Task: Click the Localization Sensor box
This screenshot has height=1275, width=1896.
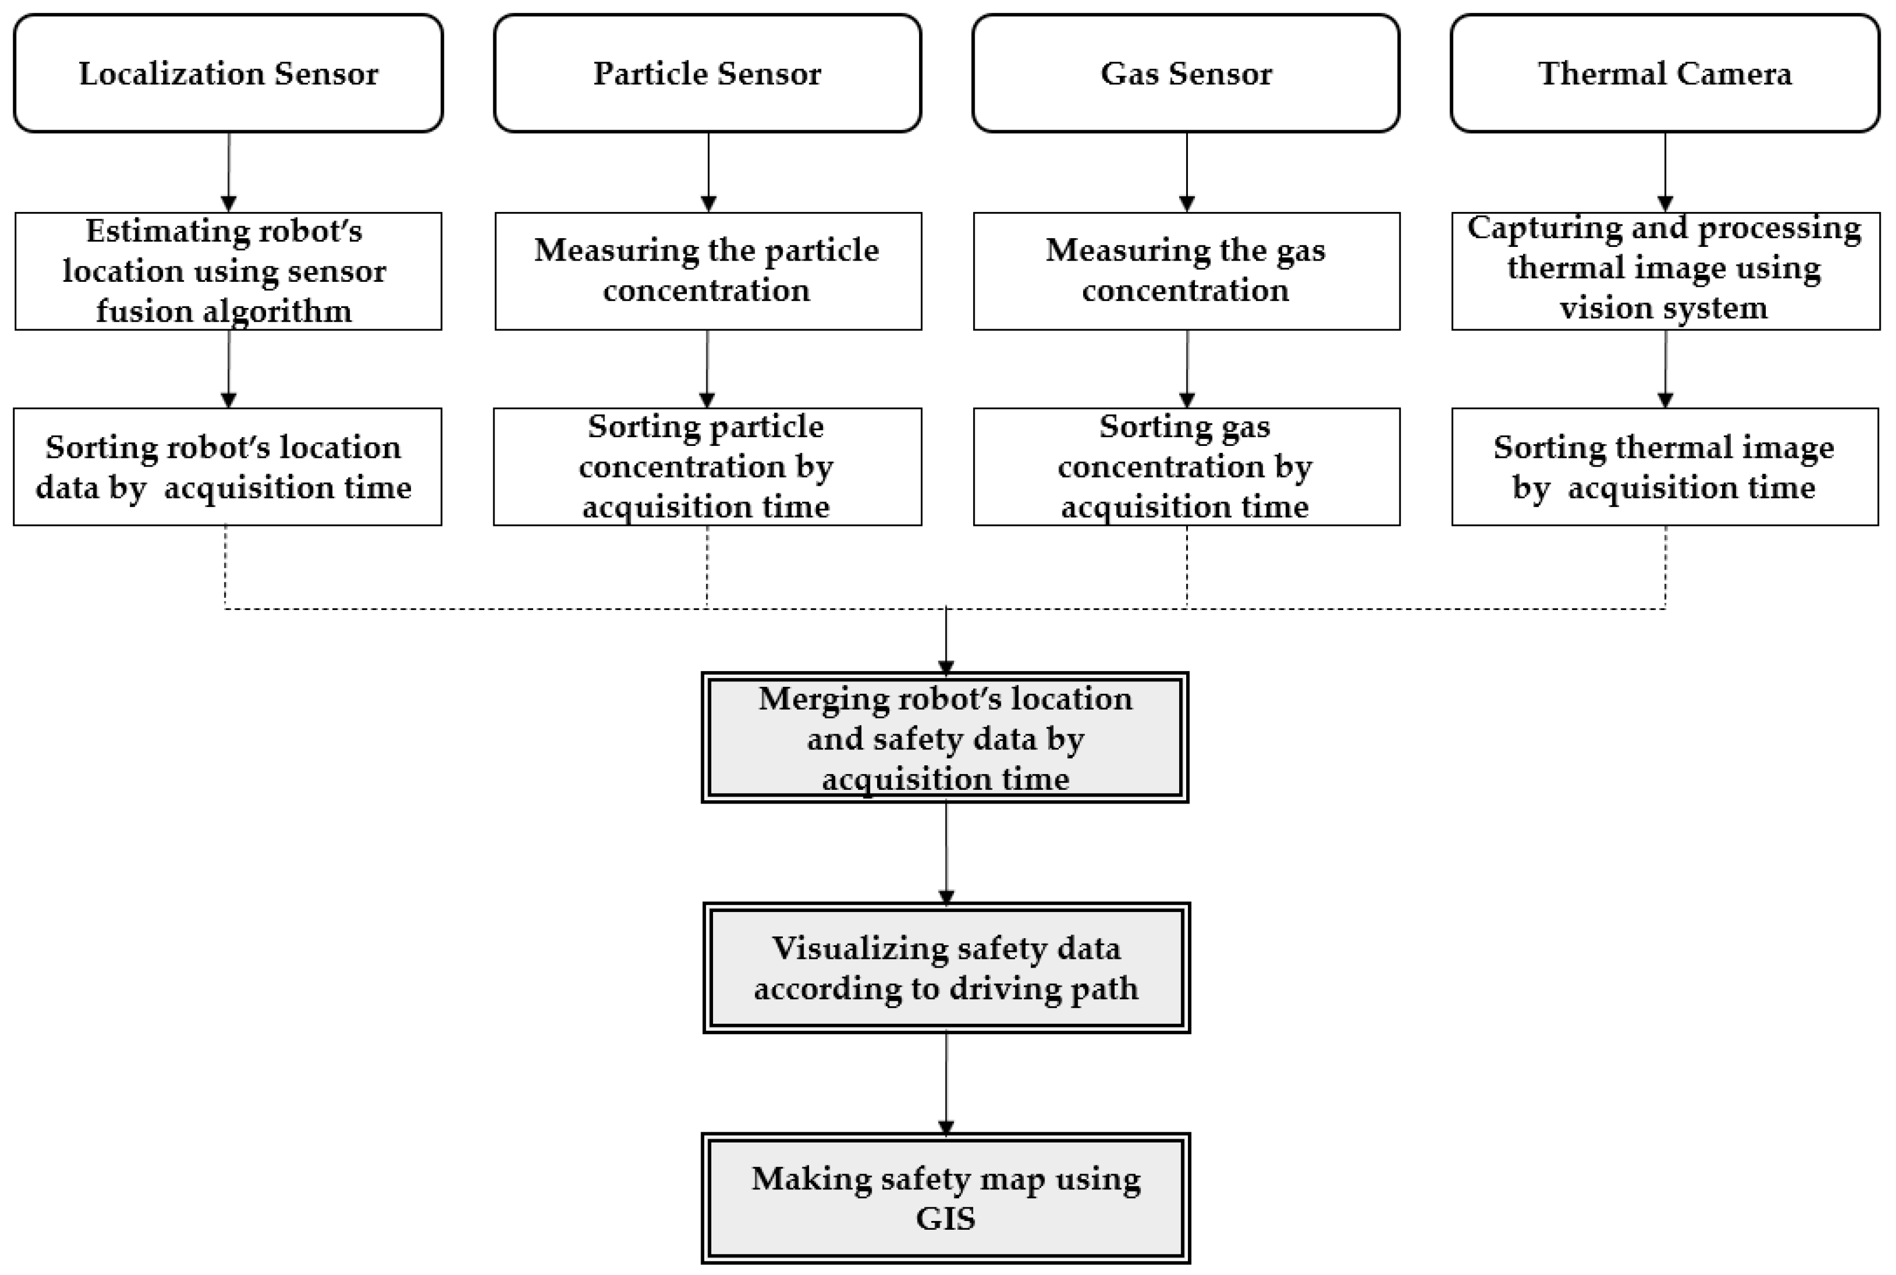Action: [228, 73]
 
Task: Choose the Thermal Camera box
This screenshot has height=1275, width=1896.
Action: [1664, 73]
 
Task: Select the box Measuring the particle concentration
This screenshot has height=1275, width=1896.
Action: [708, 271]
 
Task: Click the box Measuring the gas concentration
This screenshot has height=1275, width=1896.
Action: [1186, 271]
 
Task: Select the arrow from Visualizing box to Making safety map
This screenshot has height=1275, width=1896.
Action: [946, 1083]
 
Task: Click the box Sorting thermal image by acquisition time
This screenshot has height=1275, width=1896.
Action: [1664, 467]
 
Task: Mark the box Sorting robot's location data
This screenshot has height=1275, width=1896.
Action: [228, 467]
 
